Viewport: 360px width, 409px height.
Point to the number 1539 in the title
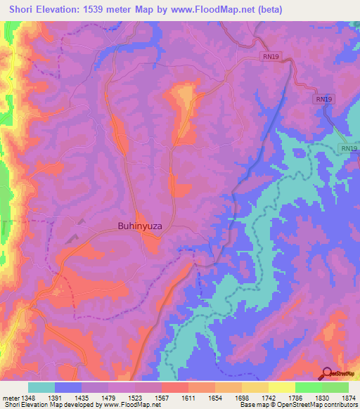point(111,10)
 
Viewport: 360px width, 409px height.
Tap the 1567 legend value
point(160,398)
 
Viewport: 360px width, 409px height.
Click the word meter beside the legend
point(8,398)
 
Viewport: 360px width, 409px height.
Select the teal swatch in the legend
point(41,387)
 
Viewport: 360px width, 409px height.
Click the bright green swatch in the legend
point(309,387)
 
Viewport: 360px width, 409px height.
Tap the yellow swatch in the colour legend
point(282,387)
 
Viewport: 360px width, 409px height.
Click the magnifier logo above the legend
point(327,373)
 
